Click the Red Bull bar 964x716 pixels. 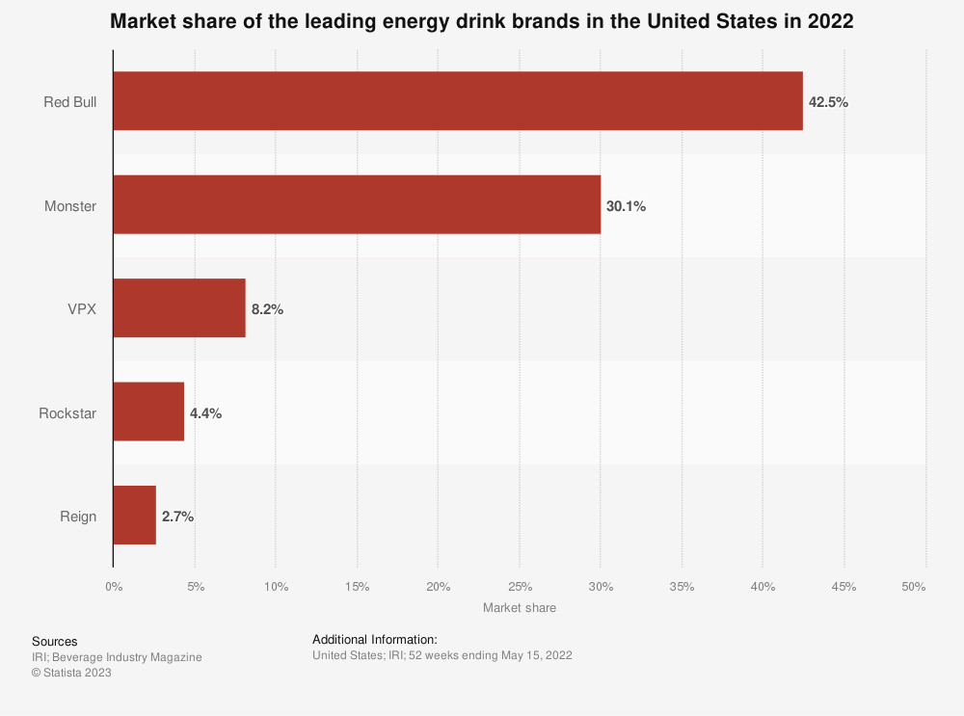tap(458, 101)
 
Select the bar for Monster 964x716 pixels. tap(357, 204)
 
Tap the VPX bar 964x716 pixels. tap(179, 308)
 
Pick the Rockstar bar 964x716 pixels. tap(148, 411)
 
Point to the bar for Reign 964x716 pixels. tap(135, 516)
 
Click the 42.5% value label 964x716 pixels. tap(828, 102)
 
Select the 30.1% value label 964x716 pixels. tap(626, 205)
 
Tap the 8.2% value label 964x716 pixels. tap(267, 309)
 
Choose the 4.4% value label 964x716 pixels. tap(205, 412)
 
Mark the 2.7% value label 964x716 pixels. tap(177, 517)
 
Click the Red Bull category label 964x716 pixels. tap(69, 102)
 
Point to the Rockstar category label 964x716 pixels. tap(67, 412)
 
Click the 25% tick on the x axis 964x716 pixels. tap(519, 587)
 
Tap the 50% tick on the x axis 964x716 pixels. tap(914, 587)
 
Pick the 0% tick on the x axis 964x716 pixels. tap(113, 587)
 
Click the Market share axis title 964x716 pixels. tap(519, 608)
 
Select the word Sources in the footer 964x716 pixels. tap(54, 641)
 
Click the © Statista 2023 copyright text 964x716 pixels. tap(71, 673)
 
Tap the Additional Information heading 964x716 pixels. tap(375, 639)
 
